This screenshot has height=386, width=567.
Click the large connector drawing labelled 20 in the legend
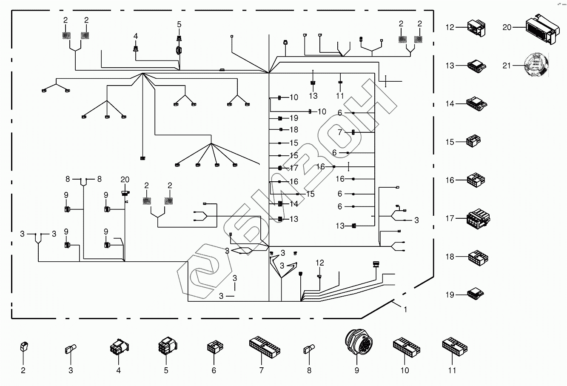click(x=540, y=28)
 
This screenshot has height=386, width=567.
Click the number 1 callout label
click(x=405, y=310)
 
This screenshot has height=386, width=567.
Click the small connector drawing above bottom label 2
click(x=24, y=347)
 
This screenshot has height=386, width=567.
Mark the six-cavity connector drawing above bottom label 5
click(x=166, y=347)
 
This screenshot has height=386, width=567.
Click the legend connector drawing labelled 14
click(x=476, y=103)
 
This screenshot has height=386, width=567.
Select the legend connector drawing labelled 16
click(x=476, y=180)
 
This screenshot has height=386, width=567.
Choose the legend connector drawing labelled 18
click(x=478, y=257)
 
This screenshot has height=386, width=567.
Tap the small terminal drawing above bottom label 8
click(x=309, y=350)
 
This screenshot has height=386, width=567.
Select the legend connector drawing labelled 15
click(x=473, y=141)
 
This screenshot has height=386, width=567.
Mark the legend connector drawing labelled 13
click(x=476, y=66)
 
